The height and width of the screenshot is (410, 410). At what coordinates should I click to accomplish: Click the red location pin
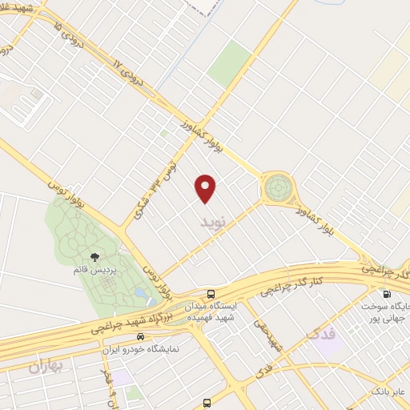click(x=207, y=187)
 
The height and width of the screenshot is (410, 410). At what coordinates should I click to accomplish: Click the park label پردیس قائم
click(x=94, y=271)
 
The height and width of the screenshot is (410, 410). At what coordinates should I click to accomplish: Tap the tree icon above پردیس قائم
click(x=94, y=257)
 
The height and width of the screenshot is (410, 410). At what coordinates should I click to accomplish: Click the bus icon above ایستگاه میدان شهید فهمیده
click(x=210, y=294)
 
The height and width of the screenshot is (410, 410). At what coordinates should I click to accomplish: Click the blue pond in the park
click(x=141, y=294)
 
